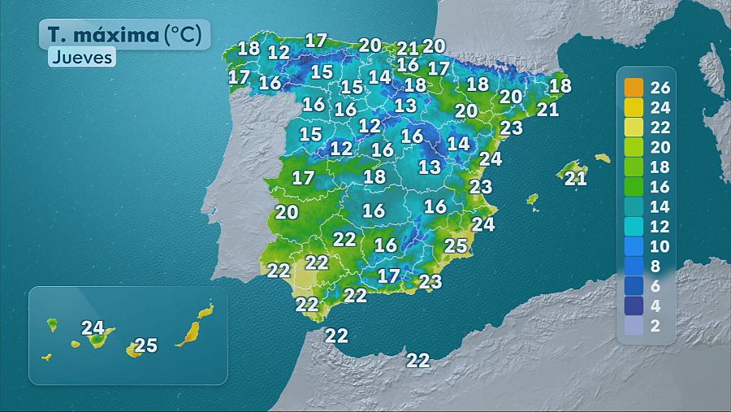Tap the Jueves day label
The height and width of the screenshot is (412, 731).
[81, 58]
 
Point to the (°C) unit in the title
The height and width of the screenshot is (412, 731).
[187, 35]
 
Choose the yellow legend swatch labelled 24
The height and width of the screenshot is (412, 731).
[634, 107]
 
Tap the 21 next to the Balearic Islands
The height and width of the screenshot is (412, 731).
[575, 179]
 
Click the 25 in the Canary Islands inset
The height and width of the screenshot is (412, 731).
[145, 345]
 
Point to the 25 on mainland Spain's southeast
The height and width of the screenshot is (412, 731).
[456, 245]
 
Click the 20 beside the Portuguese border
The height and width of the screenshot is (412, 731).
[286, 213]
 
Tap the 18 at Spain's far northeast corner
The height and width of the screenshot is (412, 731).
[560, 85]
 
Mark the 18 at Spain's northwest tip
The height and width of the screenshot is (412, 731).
[249, 47]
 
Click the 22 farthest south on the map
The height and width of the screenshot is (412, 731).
[417, 360]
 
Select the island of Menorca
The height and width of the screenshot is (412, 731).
[602, 158]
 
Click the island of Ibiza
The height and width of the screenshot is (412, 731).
[532, 199]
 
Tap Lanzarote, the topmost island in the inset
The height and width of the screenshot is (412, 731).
[206, 310]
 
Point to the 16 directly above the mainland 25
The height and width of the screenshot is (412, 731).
[435, 206]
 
